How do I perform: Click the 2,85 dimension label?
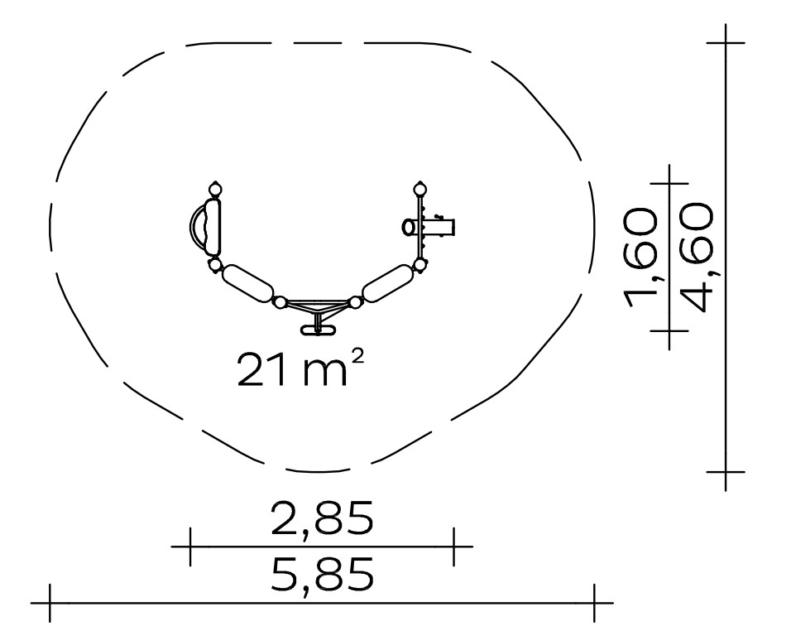[323, 519]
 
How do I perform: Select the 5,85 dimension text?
[323, 576]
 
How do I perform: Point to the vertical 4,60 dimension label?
[698, 257]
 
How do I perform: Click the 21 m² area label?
[300, 368]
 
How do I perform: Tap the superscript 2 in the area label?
[357, 357]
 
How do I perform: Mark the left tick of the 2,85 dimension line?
[190, 547]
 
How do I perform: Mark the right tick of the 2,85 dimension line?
[453, 547]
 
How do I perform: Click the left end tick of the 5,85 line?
[50, 603]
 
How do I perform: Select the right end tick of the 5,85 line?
[594, 603]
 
